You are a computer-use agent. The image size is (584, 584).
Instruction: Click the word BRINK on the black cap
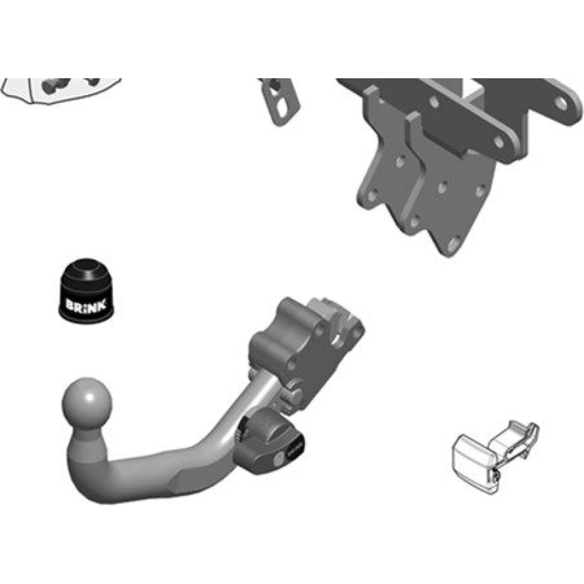tap(86, 305)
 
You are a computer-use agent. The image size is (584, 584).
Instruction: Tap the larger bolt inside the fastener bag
tap(53, 86)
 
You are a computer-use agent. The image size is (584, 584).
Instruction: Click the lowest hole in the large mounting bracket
tap(453, 244)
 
